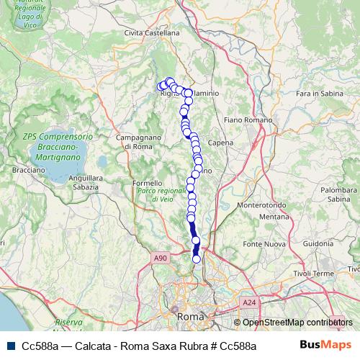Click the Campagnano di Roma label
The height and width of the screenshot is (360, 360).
point(134,142)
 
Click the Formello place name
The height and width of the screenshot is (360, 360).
point(148,184)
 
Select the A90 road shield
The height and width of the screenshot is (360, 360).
point(160,258)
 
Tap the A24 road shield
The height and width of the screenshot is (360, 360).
point(248,303)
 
